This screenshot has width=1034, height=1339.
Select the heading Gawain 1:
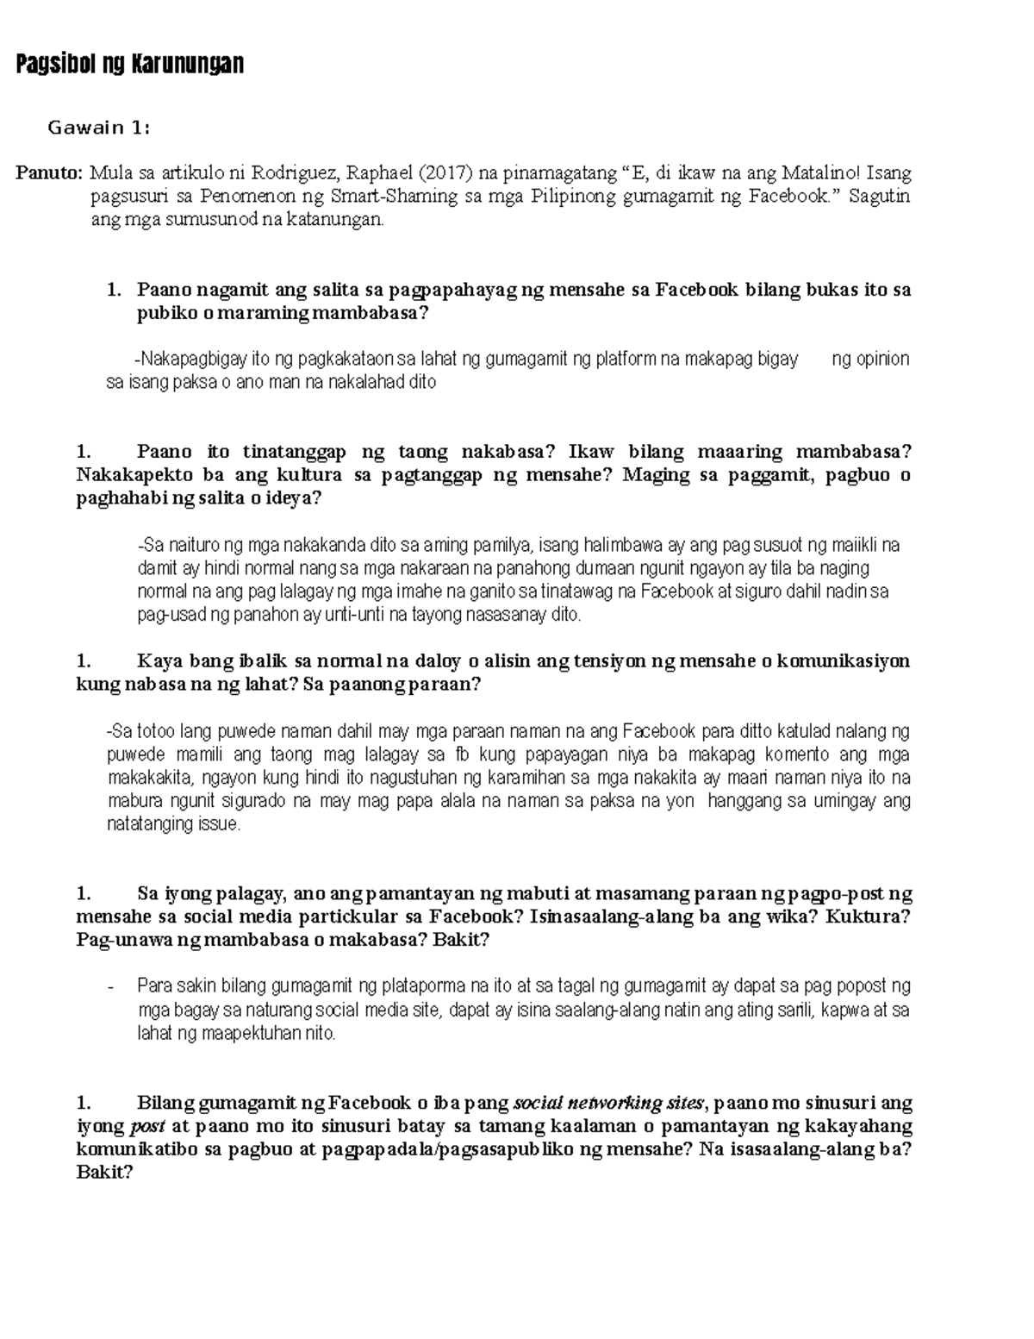(x=99, y=128)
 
